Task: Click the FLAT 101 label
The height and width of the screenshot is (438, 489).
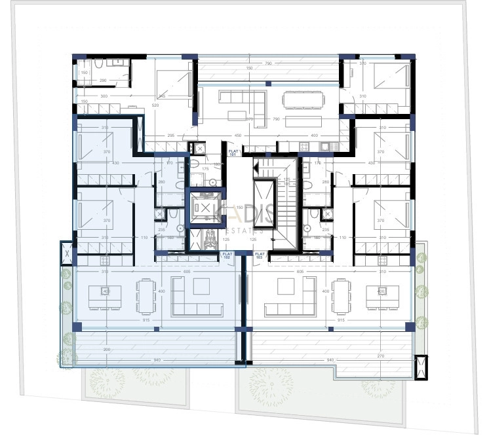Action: coord(233,153)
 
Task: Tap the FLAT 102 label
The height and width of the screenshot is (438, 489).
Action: coord(227,255)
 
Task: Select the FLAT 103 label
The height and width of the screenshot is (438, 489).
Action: coord(260,255)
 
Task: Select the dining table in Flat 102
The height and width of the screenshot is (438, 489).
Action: coord(146,297)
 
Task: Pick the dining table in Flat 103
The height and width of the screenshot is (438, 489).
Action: coord(341,297)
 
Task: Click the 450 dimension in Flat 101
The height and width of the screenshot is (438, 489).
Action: coord(237,136)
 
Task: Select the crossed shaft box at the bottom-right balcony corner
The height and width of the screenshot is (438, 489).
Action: coord(421,365)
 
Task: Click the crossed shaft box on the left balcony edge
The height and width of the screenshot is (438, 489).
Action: coord(66,252)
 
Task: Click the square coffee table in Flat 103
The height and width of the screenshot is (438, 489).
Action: coord(286,287)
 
